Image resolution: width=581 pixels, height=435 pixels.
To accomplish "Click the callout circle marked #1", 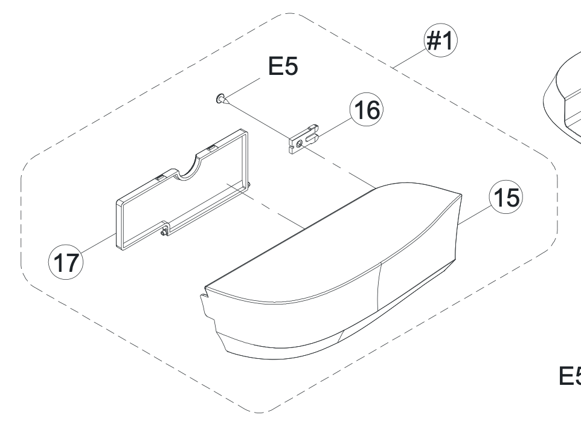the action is (x=440, y=40).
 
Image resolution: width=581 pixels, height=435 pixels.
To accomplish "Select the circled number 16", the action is (x=367, y=109).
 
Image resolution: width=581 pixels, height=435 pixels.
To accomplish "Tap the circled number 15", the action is (x=506, y=197).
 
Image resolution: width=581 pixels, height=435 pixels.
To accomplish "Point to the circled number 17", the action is (x=66, y=262).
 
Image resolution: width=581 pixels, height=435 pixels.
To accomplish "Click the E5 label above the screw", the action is (x=283, y=66).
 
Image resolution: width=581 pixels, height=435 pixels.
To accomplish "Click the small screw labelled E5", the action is (x=222, y=99).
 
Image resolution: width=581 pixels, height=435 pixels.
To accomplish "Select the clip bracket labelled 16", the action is (x=303, y=139).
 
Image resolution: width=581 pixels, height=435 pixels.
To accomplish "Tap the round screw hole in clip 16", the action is (x=300, y=143).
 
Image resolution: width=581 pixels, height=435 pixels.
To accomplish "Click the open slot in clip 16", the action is (x=311, y=138).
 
